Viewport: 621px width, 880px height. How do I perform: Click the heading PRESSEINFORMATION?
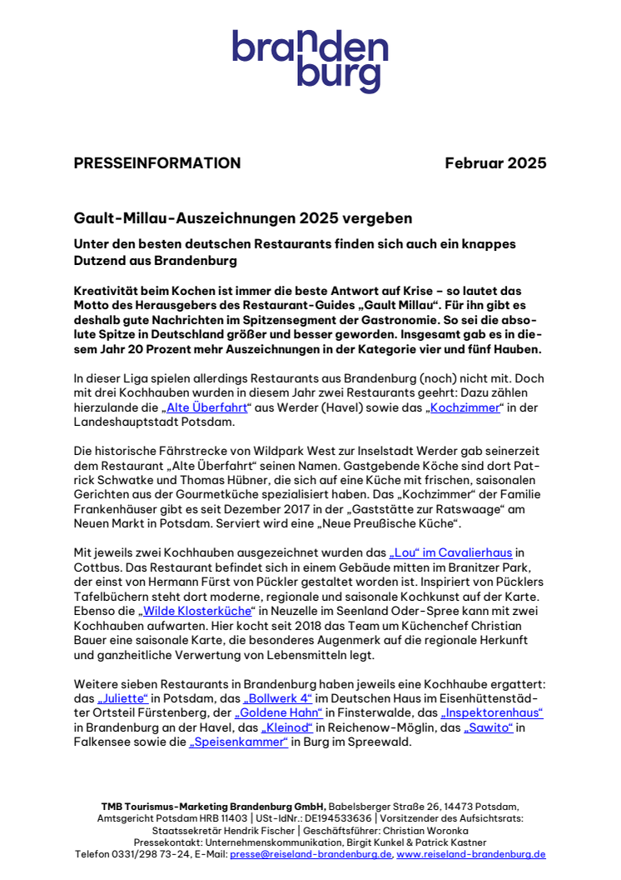[157, 163]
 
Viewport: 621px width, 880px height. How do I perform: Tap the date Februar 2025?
[495, 163]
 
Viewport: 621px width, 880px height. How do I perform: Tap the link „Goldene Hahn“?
[278, 712]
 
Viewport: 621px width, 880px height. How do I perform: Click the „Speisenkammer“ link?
[239, 742]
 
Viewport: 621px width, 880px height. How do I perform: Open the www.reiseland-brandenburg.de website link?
[471, 854]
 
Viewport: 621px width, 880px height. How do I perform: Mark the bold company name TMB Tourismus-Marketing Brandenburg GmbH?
[214, 807]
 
